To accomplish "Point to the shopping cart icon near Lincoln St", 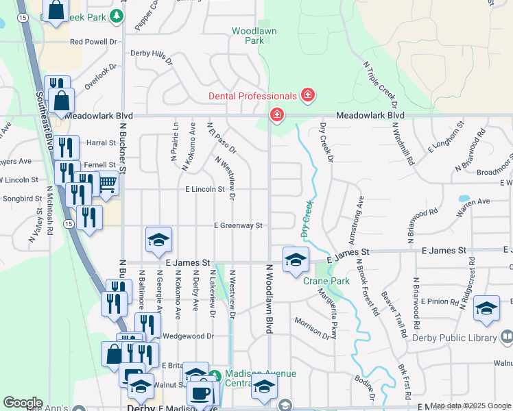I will (x=107, y=184).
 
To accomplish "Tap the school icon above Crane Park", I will (x=296, y=260).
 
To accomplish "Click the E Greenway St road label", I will (x=238, y=225).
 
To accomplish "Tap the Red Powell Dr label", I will (x=94, y=42).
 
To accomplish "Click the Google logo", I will (x=23, y=403).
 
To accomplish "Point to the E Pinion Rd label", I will (x=439, y=301).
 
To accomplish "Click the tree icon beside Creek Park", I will (x=117, y=15).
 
